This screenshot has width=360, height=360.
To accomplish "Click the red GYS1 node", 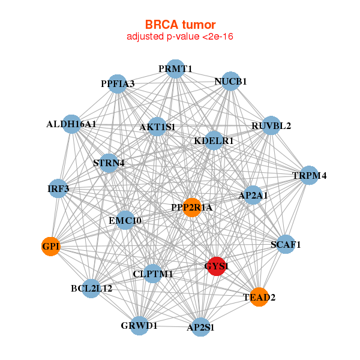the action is click(x=217, y=266).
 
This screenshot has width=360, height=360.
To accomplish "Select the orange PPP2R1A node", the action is click(x=192, y=208).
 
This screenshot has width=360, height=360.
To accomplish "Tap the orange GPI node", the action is click(x=50, y=246).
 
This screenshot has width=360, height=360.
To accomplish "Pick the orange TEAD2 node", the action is click(x=259, y=296).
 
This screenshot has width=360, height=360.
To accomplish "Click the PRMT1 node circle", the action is click(x=175, y=69).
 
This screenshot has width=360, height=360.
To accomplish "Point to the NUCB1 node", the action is click(x=231, y=81).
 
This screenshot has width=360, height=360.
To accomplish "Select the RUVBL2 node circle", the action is click(x=271, y=125).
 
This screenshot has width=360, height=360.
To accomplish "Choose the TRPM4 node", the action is click(x=309, y=176).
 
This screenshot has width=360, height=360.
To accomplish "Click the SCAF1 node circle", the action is click(x=286, y=244).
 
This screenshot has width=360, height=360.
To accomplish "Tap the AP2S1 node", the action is click(x=201, y=327).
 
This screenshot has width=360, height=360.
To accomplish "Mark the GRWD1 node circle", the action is click(x=139, y=326).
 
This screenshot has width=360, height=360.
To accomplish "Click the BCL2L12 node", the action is click(x=91, y=289).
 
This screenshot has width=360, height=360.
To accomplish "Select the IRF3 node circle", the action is click(x=58, y=189).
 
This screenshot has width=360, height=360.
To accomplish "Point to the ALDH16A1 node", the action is click(x=71, y=124).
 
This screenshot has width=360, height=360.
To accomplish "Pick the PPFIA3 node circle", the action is click(x=118, y=84).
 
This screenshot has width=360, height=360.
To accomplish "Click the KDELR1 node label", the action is click(x=214, y=141).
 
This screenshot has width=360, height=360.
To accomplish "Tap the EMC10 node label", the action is click(x=125, y=221).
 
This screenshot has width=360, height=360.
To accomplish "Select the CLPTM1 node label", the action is click(x=153, y=274).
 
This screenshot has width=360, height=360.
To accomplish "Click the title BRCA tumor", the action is click(x=179, y=25).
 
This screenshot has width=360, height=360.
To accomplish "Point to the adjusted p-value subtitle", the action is click(x=179, y=37).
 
